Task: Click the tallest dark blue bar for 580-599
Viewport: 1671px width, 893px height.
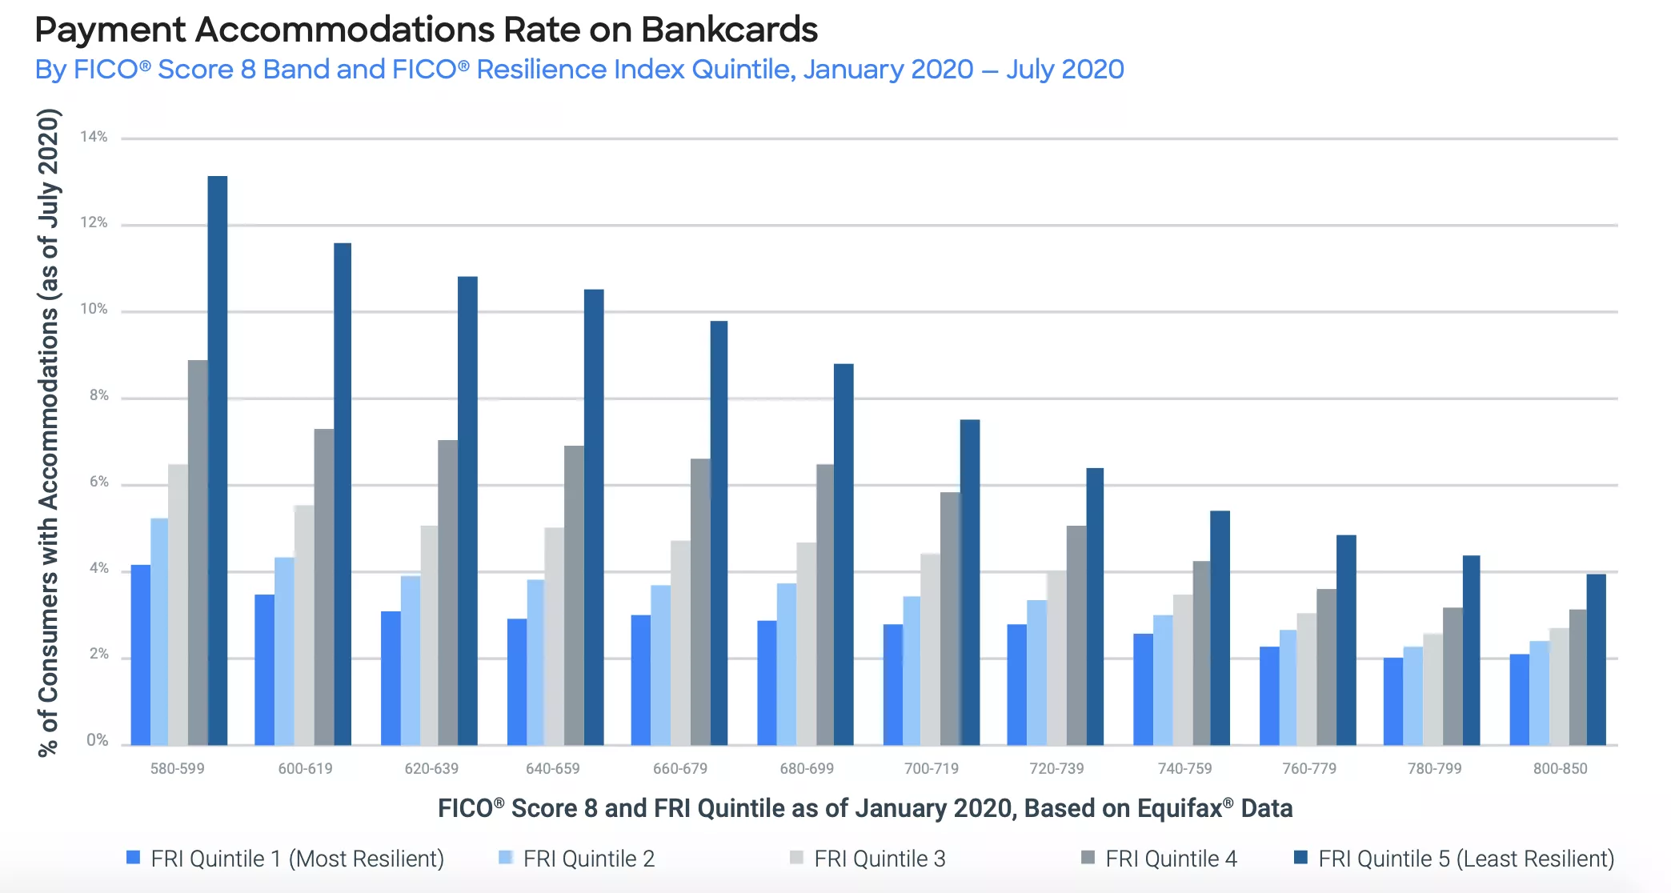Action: pos(217,460)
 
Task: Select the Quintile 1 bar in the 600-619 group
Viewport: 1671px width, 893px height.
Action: pos(264,670)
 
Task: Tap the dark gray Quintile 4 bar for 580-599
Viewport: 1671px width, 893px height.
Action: pos(198,552)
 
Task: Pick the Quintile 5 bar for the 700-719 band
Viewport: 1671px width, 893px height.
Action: pos(969,583)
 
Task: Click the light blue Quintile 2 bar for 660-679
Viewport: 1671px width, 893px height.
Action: pos(660,665)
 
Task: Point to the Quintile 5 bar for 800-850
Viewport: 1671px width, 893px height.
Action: pos(1596,659)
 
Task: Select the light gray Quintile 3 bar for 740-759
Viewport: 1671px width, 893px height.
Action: pos(1182,670)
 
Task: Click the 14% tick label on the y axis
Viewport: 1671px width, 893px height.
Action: pos(94,137)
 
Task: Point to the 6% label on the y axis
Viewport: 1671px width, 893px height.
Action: pos(98,482)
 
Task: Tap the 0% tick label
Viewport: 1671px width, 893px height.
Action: pos(98,740)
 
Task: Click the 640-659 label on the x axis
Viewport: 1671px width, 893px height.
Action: pos(552,769)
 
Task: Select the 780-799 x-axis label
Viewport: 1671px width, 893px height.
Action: pos(1434,769)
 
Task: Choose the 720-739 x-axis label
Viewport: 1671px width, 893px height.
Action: pos(1056,769)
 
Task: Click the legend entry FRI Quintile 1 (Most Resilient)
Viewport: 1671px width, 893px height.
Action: pos(297,859)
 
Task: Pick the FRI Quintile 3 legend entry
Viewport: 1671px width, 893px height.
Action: pos(879,859)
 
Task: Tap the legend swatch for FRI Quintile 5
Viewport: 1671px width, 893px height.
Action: pos(1300,858)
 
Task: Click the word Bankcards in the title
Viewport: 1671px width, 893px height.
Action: pos(729,30)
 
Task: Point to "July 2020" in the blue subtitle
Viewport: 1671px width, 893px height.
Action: pos(1064,70)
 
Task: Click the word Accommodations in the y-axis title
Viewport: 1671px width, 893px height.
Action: pos(49,409)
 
